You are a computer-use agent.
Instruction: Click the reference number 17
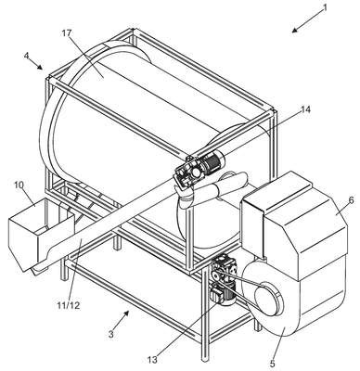[67, 33]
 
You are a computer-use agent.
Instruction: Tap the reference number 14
[305, 109]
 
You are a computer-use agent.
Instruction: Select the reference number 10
[19, 185]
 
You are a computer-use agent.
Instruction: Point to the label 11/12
[69, 305]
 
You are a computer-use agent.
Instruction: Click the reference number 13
[152, 360]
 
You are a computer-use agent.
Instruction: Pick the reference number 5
[272, 364]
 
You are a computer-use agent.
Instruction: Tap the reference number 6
[351, 200]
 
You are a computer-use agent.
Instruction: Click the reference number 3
[111, 334]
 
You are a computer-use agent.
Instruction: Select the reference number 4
[27, 56]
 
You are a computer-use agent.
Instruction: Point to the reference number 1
[325, 7]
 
